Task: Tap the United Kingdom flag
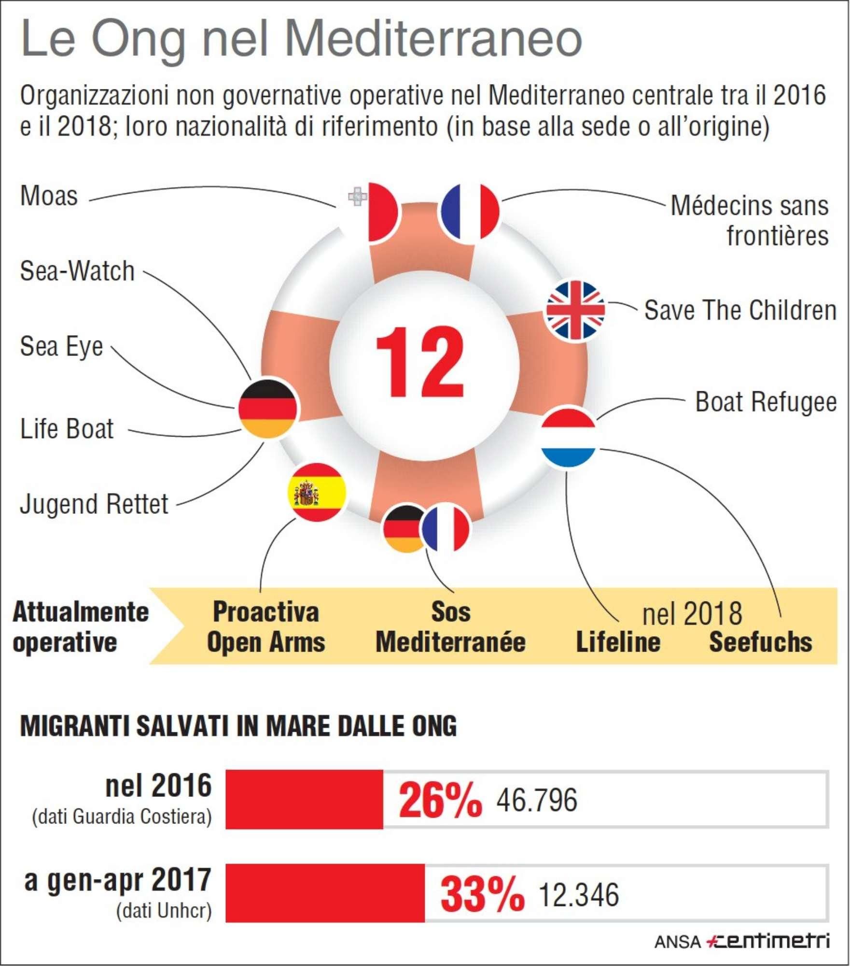(575, 310)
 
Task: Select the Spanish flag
(317, 492)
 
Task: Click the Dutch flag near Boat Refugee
(569, 438)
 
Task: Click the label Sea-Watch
(77, 271)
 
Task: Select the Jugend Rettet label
(94, 505)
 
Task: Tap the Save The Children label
(740, 310)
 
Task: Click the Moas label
(49, 196)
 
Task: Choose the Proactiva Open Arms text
(266, 627)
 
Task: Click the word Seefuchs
(760, 642)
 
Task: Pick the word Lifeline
(618, 642)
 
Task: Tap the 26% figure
(440, 801)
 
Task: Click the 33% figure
(482, 894)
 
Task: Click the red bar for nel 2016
(304, 800)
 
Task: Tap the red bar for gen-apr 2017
(325, 893)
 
